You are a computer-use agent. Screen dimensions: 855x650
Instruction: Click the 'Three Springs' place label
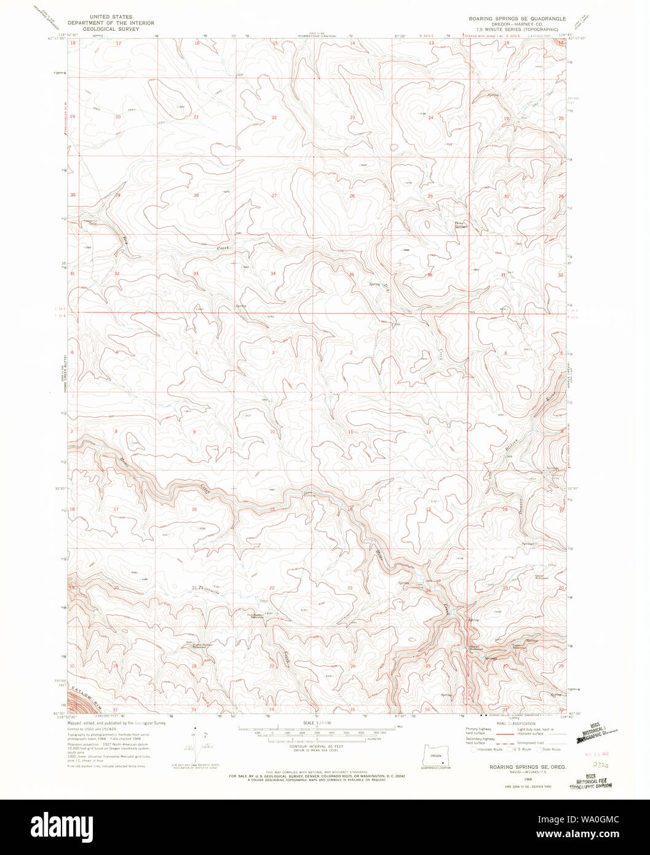[461, 225]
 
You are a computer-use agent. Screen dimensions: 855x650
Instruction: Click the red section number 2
[351, 352]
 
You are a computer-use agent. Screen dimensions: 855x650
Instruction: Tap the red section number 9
[194, 432]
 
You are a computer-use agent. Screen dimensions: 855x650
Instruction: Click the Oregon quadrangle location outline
[436, 756]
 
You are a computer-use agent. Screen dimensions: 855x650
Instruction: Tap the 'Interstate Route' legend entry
[489, 749]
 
